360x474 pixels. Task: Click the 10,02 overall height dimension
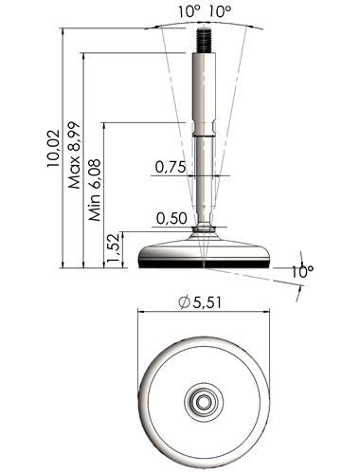point(53,148)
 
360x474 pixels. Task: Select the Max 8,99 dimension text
point(75,155)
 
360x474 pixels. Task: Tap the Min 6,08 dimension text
point(95,190)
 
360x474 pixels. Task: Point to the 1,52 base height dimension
point(114,248)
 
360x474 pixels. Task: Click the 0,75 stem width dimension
point(171,167)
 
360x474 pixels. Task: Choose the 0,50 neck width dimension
point(171,218)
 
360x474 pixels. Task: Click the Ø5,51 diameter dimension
point(200,302)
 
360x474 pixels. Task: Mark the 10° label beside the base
point(302,272)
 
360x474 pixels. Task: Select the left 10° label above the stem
point(189,12)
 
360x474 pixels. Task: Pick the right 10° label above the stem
point(220,12)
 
